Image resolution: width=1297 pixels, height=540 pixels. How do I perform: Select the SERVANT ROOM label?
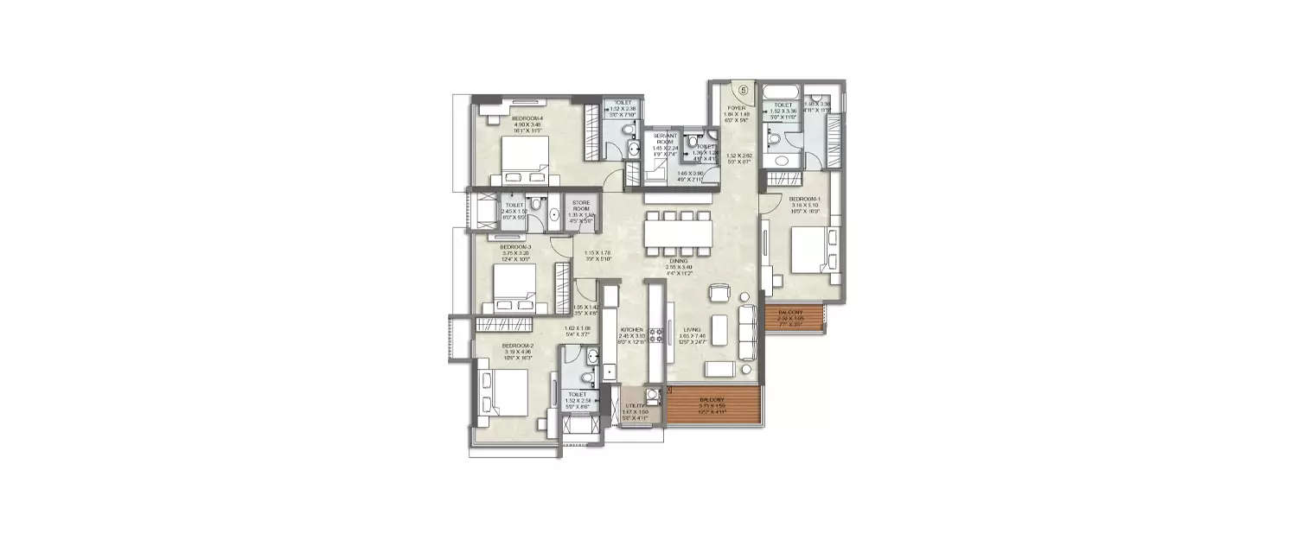(663, 138)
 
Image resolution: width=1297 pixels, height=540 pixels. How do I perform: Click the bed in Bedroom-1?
(811, 251)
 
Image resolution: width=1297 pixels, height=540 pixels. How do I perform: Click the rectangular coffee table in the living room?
(719, 369)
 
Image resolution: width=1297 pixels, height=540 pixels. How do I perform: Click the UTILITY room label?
(635, 404)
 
